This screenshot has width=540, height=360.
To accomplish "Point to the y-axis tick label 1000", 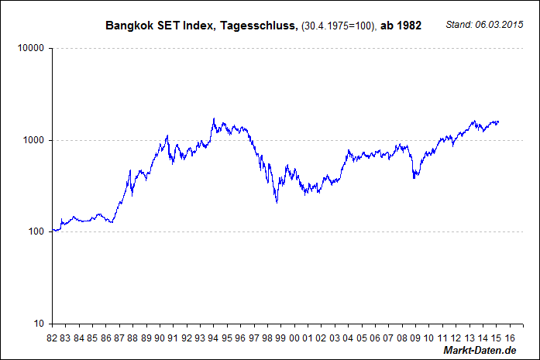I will click(x=33, y=140).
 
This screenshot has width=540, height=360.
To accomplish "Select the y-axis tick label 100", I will click(x=36, y=231).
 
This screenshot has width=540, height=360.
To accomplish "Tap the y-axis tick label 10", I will click(x=38, y=324).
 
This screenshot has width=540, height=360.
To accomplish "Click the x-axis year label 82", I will click(x=52, y=338).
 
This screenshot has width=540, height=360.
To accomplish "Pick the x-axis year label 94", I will click(x=213, y=338).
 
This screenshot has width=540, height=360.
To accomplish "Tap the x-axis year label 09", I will click(x=415, y=338).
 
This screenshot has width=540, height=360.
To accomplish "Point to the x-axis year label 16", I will click(x=509, y=338).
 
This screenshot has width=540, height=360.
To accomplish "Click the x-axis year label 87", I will click(x=119, y=338).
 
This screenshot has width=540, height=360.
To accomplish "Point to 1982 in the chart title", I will click(x=408, y=26).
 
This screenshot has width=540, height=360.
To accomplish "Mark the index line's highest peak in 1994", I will click(x=214, y=118).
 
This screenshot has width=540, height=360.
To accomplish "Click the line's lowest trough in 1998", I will click(x=277, y=203).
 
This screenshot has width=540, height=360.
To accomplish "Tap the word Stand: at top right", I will click(x=460, y=26).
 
